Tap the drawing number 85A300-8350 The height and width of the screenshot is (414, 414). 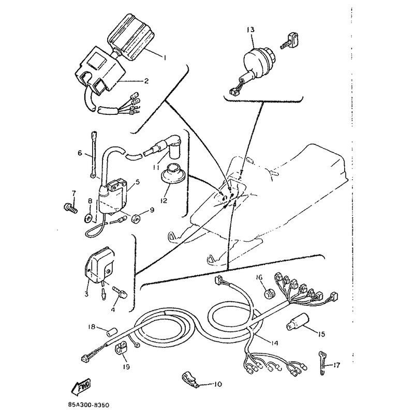(x=89, y=405)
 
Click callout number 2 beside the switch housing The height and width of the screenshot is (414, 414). (x=146, y=81)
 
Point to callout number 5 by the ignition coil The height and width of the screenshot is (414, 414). (x=137, y=182)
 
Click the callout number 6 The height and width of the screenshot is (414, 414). (x=80, y=153)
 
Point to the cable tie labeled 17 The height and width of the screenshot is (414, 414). (x=322, y=363)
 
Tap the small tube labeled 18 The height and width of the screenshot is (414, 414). (x=112, y=331)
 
